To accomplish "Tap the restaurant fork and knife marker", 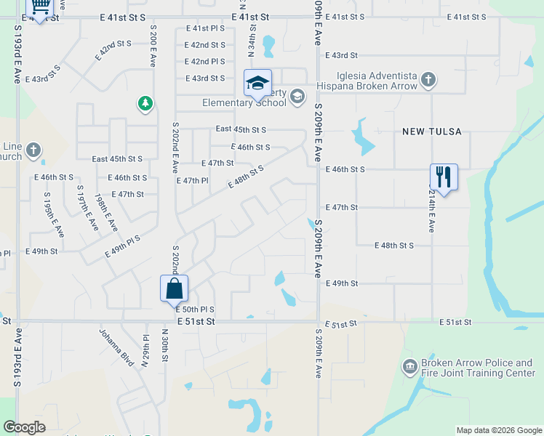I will [x=444, y=177].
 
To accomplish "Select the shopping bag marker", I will [x=175, y=288].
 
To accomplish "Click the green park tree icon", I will [x=145, y=104].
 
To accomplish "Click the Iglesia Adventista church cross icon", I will [x=428, y=79].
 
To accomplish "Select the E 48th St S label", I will [x=394, y=246].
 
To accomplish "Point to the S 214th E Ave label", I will [x=431, y=211].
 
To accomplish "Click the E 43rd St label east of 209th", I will [x=342, y=55].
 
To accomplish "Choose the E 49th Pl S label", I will [x=122, y=246].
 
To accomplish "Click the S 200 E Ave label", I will [x=153, y=46].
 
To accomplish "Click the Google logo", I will [x=24, y=427].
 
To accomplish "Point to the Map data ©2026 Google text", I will [x=498, y=430].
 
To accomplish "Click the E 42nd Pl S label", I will [x=205, y=62].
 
